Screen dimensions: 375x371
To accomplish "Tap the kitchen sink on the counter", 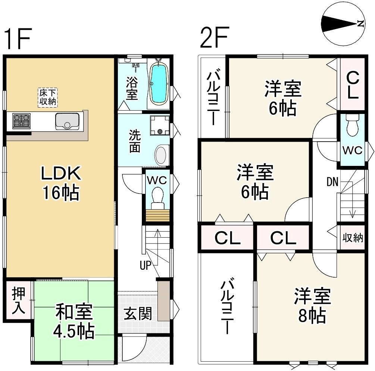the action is click(x=67, y=121).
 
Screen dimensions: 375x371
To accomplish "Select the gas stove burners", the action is click(x=21, y=121).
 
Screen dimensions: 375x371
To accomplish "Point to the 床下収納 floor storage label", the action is click(x=48, y=97).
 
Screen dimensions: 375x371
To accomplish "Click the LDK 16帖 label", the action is click(x=61, y=183).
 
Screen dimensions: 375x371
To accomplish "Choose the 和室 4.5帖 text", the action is click(x=74, y=321).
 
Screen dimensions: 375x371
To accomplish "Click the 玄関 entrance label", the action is click(x=138, y=314).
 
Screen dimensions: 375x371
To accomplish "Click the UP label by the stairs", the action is click(x=146, y=265).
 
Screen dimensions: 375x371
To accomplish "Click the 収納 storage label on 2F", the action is click(x=353, y=238).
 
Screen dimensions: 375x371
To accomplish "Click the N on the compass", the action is click(x=360, y=24).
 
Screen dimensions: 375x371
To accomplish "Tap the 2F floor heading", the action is click(x=215, y=37).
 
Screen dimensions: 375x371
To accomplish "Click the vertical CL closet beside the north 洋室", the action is click(x=353, y=85).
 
